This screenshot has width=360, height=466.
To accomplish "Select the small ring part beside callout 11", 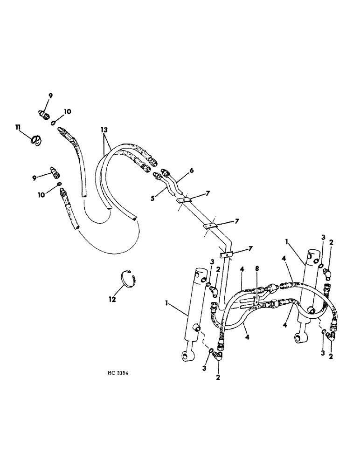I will tap(36, 139).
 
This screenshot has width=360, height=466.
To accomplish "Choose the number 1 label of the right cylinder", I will tap(287, 242).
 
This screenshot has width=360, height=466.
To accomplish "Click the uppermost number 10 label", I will tap(68, 112).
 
